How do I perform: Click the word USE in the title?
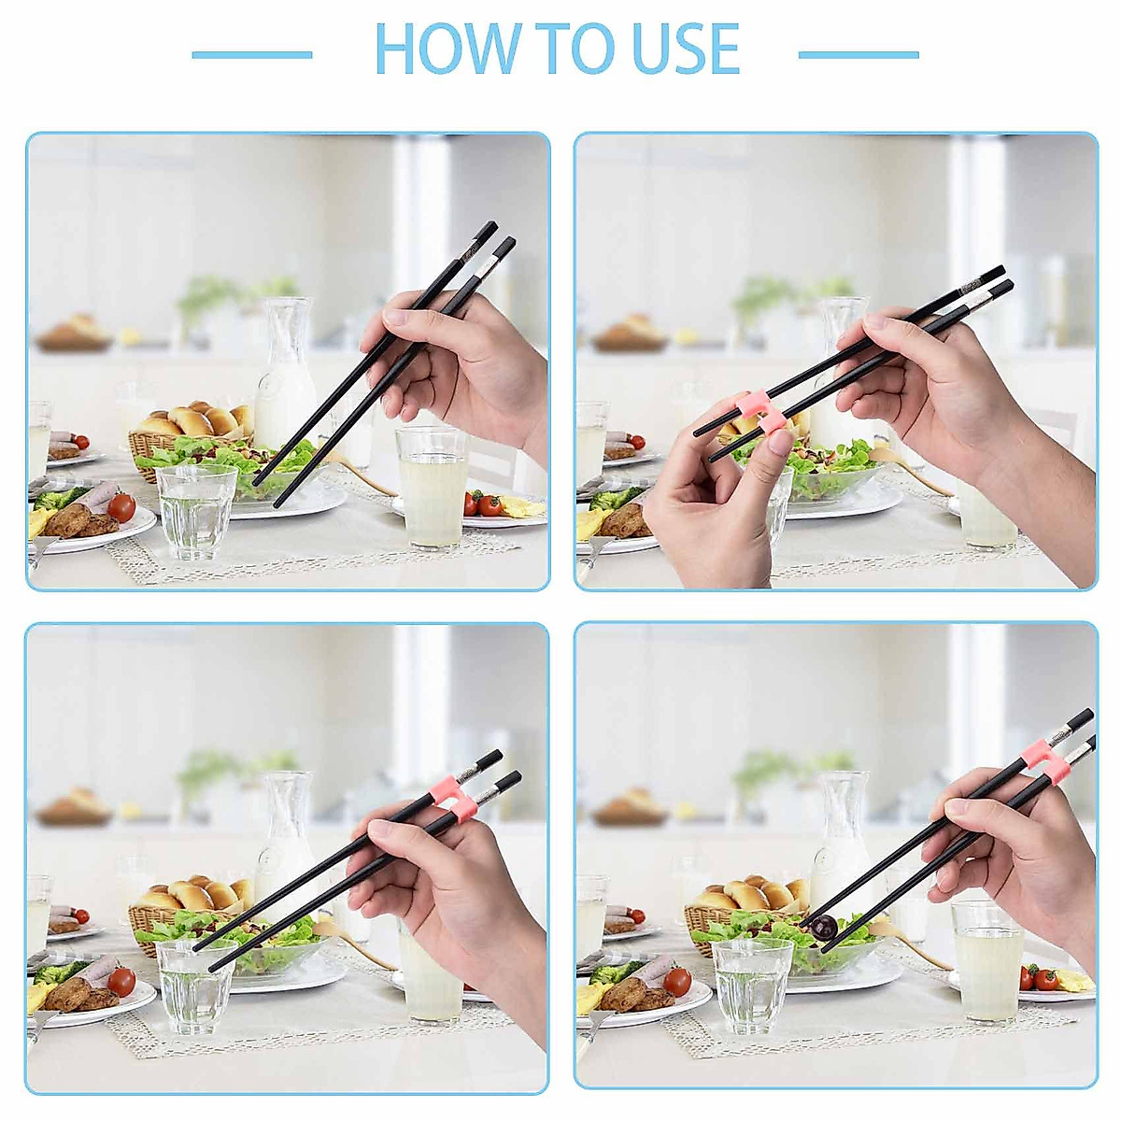[686, 50]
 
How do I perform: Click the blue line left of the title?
[251, 55]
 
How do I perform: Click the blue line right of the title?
[858, 55]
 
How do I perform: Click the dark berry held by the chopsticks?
[823, 927]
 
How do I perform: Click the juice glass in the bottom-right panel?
[987, 962]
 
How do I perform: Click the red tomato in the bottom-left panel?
[121, 982]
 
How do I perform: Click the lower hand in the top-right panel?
[710, 514]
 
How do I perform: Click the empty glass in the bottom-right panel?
[752, 986]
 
